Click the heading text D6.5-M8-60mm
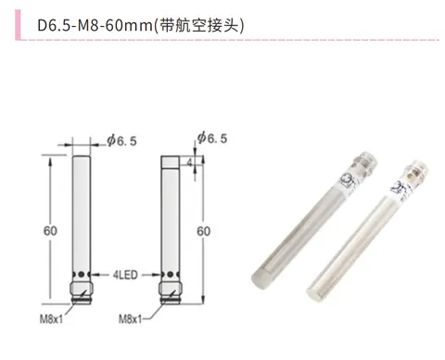[x=95, y=25]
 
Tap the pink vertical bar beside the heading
[x=18, y=25]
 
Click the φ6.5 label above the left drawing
[x=121, y=141]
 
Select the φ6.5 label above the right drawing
[x=212, y=138]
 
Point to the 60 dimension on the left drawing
[x=50, y=231]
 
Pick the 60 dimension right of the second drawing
[x=203, y=231]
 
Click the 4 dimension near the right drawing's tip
[x=189, y=162]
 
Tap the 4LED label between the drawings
[x=125, y=275]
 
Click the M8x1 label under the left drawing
[x=51, y=318]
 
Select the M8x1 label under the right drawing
[x=130, y=318]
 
